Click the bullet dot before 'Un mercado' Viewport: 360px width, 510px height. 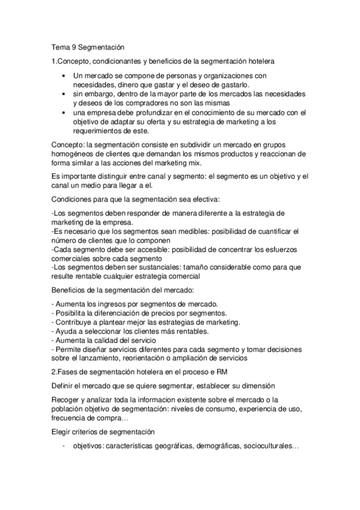64,76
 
